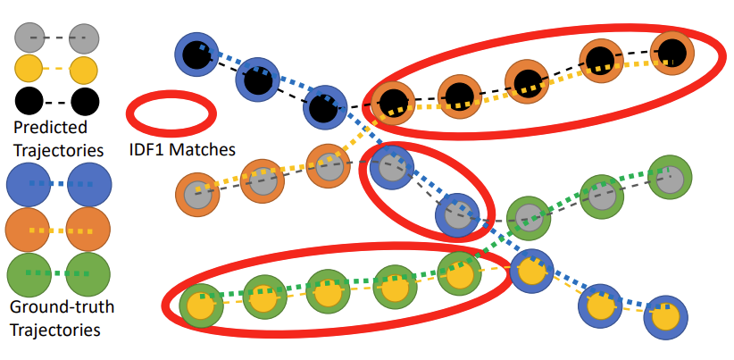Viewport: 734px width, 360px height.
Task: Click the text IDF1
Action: click(148, 149)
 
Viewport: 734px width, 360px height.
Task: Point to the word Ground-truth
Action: click(62, 308)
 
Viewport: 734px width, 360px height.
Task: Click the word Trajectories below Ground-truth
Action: click(54, 330)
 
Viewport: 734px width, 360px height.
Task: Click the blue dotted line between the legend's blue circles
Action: click(58, 184)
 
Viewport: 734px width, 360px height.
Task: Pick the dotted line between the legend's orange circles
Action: click(58, 230)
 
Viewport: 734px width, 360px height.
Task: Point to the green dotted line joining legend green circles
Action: click(58, 272)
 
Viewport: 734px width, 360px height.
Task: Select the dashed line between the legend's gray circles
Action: click(58, 38)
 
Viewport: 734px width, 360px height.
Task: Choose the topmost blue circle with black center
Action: click(196, 55)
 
